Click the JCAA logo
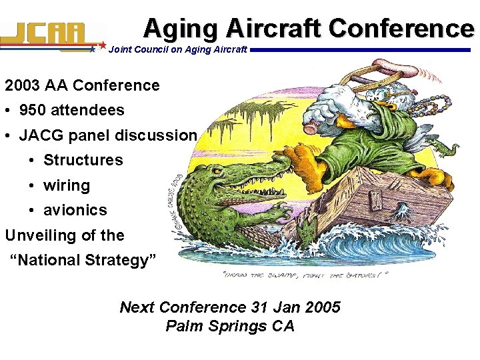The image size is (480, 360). pos(50,35)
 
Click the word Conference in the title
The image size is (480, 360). pos(401,28)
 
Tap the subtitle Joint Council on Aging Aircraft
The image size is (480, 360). pos(177,49)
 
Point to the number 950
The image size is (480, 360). pos(34,110)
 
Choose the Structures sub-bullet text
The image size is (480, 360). pos(83,160)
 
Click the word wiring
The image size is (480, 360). pos(67,185)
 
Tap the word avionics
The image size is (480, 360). pos(75,210)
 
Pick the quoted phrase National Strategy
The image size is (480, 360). pos(83,259)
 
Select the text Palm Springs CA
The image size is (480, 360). pos(229,326)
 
